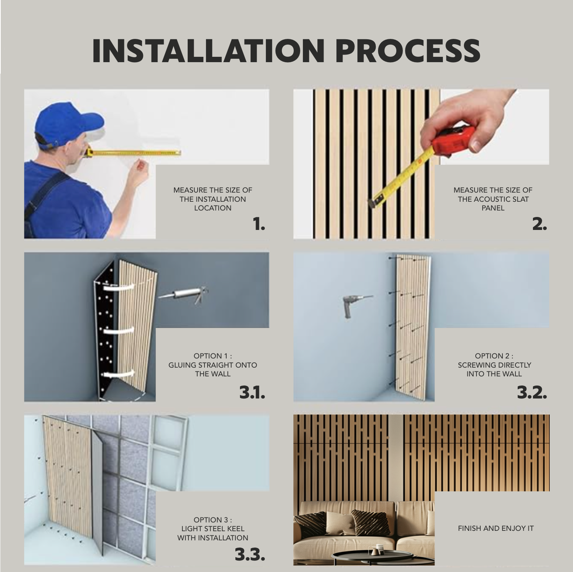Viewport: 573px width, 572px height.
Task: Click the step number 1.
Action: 258,225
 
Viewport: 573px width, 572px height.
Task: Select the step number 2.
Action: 539,225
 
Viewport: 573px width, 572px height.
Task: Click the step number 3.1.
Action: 252,392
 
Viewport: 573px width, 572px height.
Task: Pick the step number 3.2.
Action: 532,392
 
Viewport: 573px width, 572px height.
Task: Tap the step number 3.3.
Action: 250,555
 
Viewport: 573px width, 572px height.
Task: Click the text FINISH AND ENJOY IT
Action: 496,529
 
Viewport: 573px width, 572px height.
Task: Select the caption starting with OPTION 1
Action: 212,365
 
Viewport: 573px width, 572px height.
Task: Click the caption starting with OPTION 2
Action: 494,365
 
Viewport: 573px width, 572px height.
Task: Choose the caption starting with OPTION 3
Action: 212,529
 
